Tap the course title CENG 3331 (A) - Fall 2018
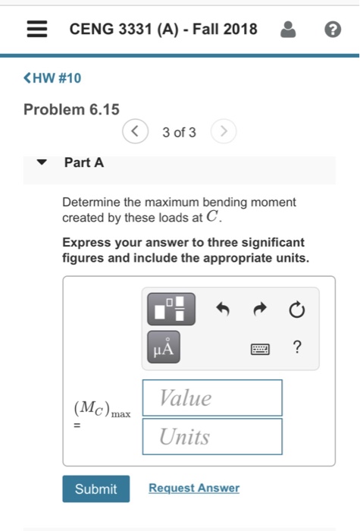[x=163, y=30]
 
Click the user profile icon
[x=288, y=30]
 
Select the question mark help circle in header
[x=331, y=30]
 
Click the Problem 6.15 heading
[x=71, y=109]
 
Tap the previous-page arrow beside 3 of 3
[x=135, y=132]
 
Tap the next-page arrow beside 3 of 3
[x=223, y=132]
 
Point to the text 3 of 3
[x=179, y=133]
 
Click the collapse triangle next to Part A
[x=42, y=162]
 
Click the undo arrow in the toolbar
[x=221, y=309]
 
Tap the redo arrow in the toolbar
[x=259, y=309]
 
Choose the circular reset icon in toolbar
[x=296, y=309]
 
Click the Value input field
[x=211, y=397]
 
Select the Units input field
[x=211, y=436]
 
